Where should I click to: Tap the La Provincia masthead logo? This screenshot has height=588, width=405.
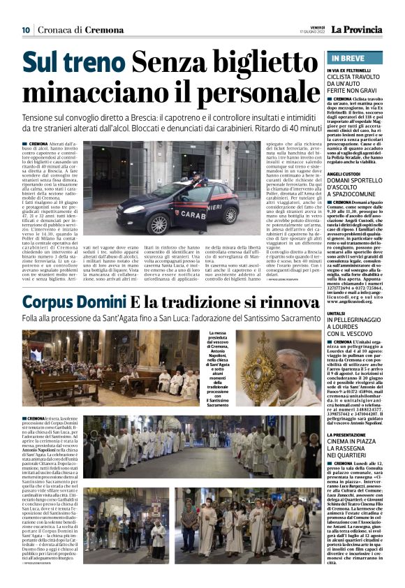(357, 30)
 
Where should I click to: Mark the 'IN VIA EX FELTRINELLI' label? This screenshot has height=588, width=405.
(351, 71)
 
